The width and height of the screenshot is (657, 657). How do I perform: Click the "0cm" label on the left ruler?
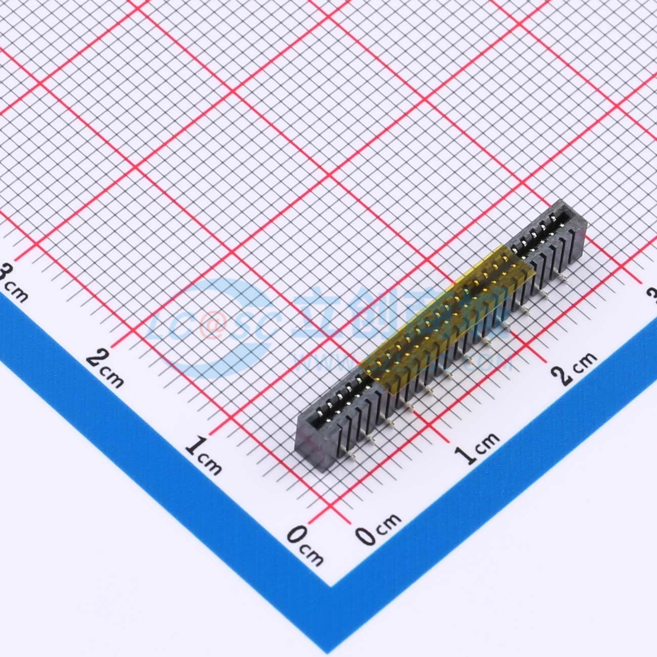point(305,545)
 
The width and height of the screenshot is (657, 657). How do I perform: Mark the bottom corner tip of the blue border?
point(331,586)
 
